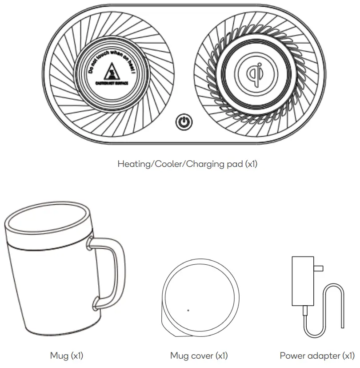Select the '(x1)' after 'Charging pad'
point(251,164)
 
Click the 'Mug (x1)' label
point(66,356)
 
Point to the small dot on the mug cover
point(188,310)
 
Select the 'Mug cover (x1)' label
point(199,356)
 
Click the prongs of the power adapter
point(318,268)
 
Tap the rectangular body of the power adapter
point(302,280)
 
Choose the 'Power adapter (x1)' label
point(317,356)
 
